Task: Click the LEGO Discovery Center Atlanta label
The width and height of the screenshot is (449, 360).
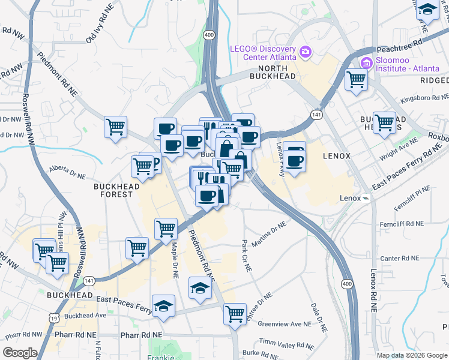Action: (x=264, y=53)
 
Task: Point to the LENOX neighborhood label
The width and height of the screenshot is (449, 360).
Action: (x=336, y=155)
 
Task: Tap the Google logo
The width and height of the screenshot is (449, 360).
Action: (x=20, y=353)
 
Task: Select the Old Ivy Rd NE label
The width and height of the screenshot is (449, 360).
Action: (x=99, y=31)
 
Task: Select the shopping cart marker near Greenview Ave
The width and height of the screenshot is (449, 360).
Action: (x=235, y=313)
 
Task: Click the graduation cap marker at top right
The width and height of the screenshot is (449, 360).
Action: (x=427, y=10)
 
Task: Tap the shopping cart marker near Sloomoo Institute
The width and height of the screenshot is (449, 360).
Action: (x=357, y=79)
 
